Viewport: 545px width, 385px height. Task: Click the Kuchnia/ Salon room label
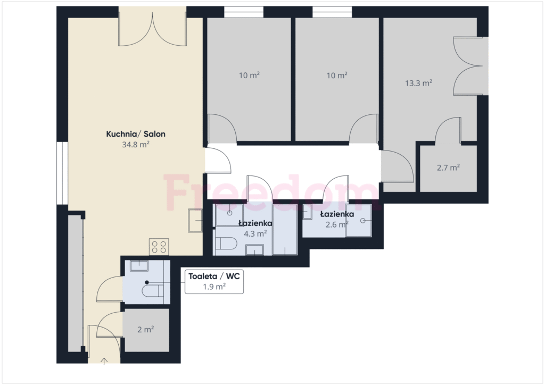136,134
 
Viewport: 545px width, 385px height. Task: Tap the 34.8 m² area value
136,145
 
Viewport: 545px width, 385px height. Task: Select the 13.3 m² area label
418,83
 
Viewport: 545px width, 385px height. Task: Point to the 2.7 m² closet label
448,168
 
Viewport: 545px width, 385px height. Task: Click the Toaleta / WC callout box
214,281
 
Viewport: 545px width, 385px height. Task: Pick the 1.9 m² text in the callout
214,287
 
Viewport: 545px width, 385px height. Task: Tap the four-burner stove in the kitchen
159,247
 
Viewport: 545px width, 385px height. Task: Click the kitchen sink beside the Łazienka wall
195,221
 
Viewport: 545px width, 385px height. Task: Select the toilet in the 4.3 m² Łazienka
226,244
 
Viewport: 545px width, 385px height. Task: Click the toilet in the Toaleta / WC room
153,290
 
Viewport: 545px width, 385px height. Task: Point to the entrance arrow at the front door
104,361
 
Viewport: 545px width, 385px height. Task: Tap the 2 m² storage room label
146,330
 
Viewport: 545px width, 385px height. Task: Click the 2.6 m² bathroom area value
337,224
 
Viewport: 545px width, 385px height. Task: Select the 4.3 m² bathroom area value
255,233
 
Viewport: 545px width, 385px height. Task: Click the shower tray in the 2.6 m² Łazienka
358,221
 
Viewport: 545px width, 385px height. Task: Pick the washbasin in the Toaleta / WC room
139,266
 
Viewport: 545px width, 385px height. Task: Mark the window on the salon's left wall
62,173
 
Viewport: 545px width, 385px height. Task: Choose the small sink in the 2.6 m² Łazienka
307,212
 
